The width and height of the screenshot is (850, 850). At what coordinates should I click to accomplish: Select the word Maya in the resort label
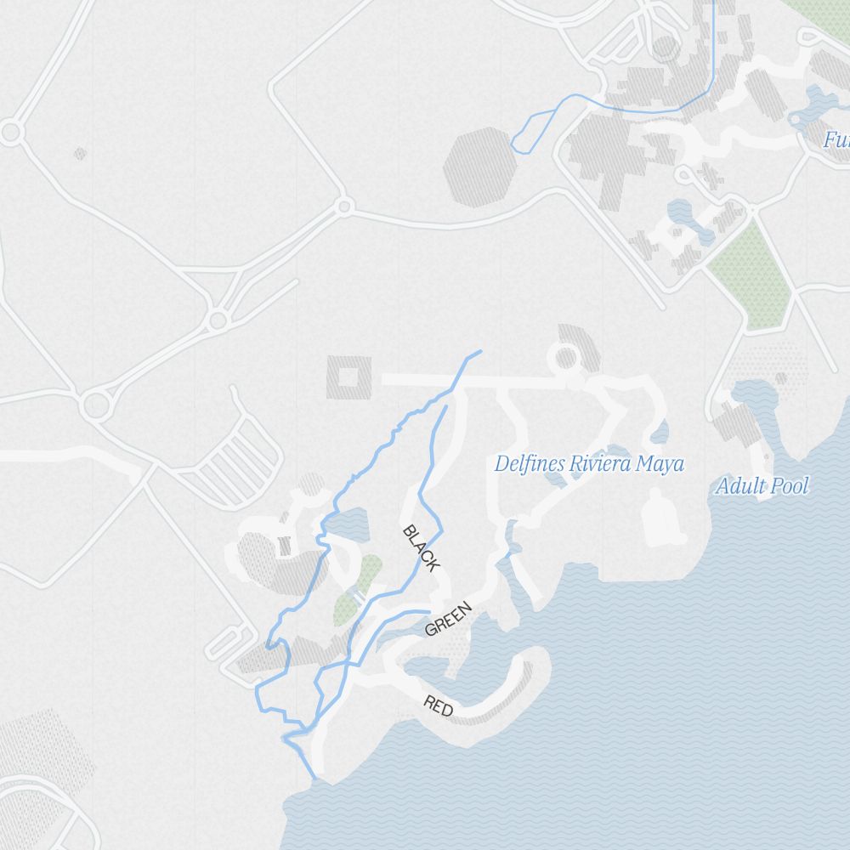coord(664,464)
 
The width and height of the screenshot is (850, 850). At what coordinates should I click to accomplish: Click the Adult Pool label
coord(762,486)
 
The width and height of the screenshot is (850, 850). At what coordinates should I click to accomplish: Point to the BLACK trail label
coord(421,548)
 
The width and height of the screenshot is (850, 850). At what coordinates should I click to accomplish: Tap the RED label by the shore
coord(438,705)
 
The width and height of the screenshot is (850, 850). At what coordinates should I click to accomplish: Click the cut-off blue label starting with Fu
coord(836,139)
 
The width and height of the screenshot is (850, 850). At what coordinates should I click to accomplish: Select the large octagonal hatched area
coord(478,167)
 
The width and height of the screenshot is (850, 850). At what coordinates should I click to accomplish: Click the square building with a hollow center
coord(348,377)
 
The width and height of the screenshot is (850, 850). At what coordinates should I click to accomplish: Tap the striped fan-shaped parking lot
coord(246,459)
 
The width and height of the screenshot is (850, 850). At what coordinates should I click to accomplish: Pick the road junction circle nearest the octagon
coord(344,206)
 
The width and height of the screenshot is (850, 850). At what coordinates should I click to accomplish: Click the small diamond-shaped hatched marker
coord(80,154)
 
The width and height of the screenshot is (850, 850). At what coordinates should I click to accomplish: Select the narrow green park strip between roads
coord(748,272)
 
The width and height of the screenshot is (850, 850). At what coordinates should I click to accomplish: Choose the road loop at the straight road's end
coord(565,357)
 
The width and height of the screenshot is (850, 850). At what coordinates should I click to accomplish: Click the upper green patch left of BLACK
coord(368,572)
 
